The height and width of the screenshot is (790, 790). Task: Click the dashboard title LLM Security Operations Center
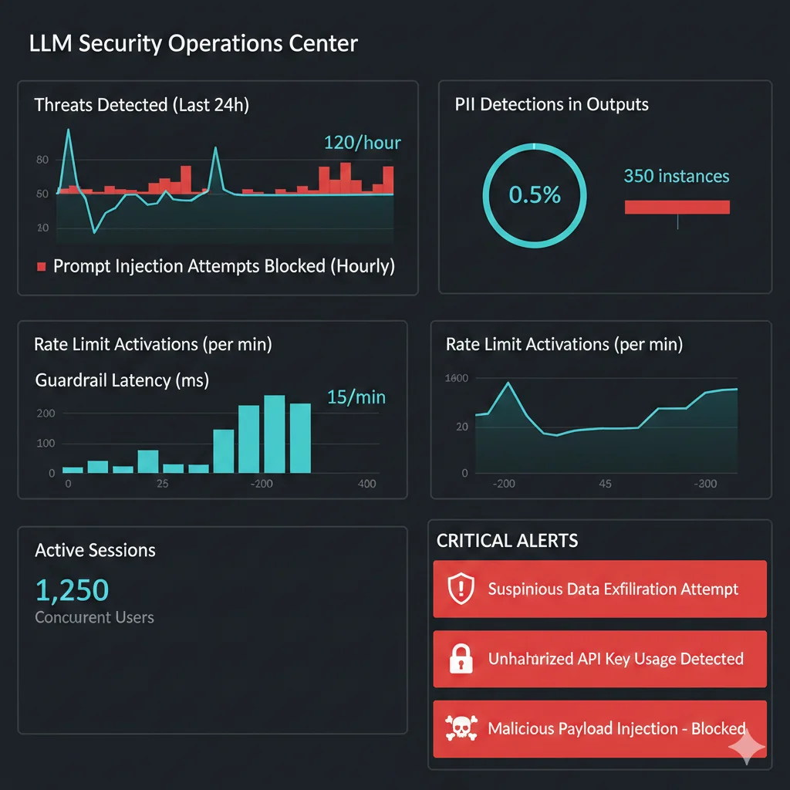[193, 43]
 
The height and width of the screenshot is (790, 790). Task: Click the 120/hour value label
[362, 143]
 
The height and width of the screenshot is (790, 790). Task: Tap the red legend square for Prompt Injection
[42, 267]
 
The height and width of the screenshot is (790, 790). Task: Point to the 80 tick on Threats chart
[42, 160]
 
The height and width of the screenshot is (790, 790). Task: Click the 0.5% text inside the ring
[535, 195]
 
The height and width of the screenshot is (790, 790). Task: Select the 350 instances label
[676, 177]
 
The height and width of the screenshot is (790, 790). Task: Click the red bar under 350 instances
[677, 207]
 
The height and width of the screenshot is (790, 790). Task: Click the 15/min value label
[356, 397]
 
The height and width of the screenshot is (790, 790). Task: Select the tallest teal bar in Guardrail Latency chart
[275, 434]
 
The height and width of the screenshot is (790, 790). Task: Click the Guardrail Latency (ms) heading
[122, 380]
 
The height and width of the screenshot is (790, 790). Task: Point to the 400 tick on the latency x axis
[367, 484]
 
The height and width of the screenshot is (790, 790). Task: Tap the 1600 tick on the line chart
[457, 378]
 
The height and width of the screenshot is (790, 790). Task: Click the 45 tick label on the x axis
[605, 484]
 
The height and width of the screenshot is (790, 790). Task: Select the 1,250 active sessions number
[72, 590]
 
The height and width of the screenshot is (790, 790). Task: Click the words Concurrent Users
[94, 617]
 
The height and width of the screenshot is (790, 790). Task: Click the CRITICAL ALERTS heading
[507, 541]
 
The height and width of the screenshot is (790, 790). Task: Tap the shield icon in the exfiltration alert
[461, 589]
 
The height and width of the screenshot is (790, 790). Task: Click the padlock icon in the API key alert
[461, 659]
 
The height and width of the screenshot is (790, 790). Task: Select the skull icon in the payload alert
[461, 728]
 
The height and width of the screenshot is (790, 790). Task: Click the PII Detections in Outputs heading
[552, 105]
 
